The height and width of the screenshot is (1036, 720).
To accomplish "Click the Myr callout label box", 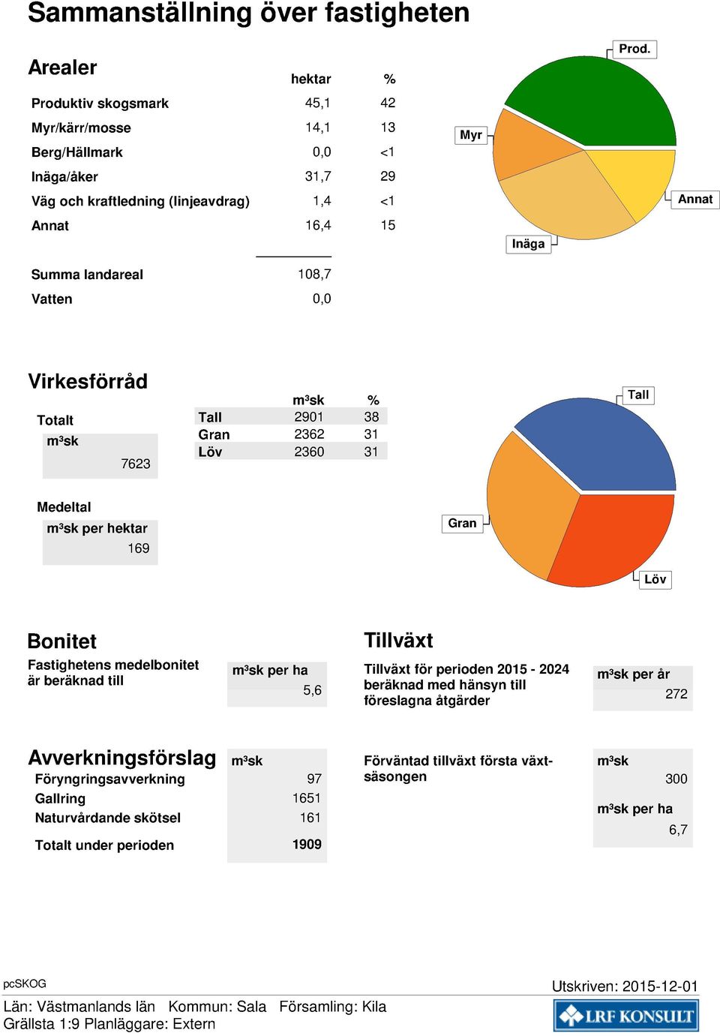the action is click(471, 135).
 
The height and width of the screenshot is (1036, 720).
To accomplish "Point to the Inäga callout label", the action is click(528, 244).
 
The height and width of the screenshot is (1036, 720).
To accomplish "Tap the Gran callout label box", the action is click(462, 523).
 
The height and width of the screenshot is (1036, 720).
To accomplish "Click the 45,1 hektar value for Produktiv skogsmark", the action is click(318, 103).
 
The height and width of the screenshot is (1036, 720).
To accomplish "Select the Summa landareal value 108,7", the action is click(314, 275).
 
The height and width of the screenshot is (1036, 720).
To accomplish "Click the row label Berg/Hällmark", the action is click(76, 152).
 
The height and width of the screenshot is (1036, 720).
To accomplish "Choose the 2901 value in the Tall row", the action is click(308, 416).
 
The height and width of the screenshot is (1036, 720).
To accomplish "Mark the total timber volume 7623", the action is click(136, 464).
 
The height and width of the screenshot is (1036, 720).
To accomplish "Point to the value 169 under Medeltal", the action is click(139, 548).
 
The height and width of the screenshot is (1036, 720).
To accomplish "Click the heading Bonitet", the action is click(62, 641).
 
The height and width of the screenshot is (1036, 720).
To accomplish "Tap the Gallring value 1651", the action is click(307, 797).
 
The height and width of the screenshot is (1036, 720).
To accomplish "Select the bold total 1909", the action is click(307, 845).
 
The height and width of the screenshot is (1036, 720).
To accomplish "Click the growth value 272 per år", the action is click(676, 694).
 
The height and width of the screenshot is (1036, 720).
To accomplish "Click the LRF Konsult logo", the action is click(626, 1015).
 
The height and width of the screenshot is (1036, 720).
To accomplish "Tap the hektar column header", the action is click(310, 79).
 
